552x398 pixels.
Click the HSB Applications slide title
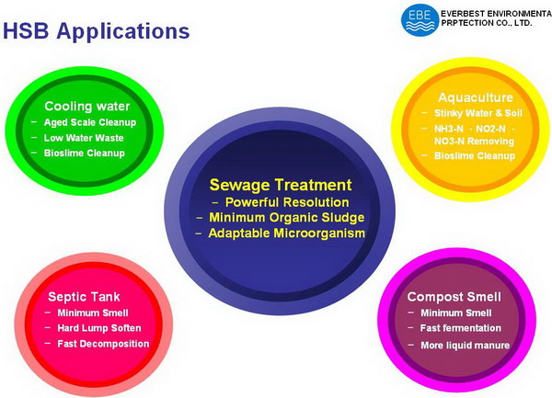click(96, 31)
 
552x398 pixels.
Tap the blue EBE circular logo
click(420, 19)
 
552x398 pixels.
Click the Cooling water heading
click(87, 107)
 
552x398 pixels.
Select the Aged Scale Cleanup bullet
click(90, 122)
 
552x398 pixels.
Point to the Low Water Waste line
click(84, 138)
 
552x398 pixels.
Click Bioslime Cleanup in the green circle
click(84, 154)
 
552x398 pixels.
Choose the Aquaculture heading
click(476, 97)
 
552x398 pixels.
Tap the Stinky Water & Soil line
click(478, 113)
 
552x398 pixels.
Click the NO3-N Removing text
click(474, 142)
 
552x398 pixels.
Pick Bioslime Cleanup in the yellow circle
click(475, 155)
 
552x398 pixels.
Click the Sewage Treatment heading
click(281, 185)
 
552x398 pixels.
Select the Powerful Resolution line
click(287, 202)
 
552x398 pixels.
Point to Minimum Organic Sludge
click(286, 218)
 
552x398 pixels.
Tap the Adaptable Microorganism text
click(286, 233)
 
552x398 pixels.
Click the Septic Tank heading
click(84, 297)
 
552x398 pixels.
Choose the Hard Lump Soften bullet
click(99, 328)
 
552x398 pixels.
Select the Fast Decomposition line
click(103, 344)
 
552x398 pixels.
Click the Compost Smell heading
click(454, 297)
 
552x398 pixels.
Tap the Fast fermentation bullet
click(461, 328)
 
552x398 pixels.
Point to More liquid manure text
click(465, 346)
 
